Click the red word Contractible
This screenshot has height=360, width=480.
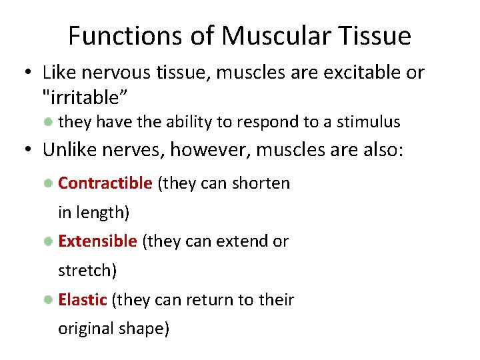(x=105, y=183)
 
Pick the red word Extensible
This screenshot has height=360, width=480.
(x=97, y=241)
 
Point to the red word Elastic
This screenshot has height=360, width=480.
(x=83, y=300)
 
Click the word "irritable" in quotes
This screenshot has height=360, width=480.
(x=85, y=98)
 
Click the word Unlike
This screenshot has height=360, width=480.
(x=69, y=150)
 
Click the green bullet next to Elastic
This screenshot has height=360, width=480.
(x=49, y=300)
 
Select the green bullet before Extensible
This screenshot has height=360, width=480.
(x=49, y=242)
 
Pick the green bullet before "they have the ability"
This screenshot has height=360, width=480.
(x=49, y=122)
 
